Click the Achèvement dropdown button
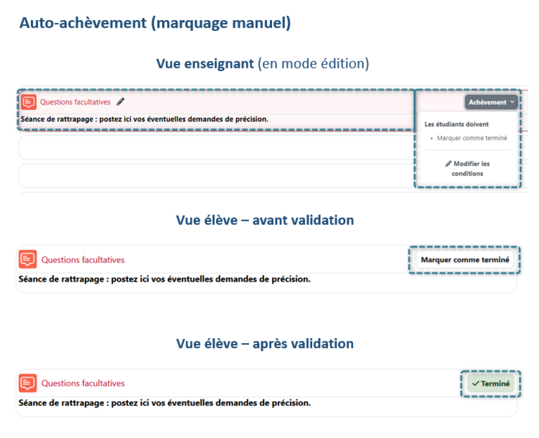tap(490, 102)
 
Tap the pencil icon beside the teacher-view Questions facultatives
tap(120, 102)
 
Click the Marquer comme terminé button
tap(464, 260)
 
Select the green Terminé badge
tap(490, 383)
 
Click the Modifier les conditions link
tap(467, 168)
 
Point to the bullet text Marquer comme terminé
tap(472, 138)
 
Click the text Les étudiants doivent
tap(456, 124)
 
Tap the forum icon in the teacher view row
tap(29, 102)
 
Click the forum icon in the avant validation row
tap(28, 259)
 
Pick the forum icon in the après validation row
tap(28, 383)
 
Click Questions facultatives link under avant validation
tap(83, 260)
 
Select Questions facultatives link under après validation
tap(83, 383)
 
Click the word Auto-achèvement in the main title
tap(83, 23)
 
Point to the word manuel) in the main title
tap(261, 23)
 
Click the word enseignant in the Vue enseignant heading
tap(219, 63)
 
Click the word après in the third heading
tap(270, 344)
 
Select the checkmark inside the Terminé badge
tap(476, 383)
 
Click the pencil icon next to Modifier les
tap(448, 164)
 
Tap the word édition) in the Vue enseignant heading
tap(345, 63)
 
